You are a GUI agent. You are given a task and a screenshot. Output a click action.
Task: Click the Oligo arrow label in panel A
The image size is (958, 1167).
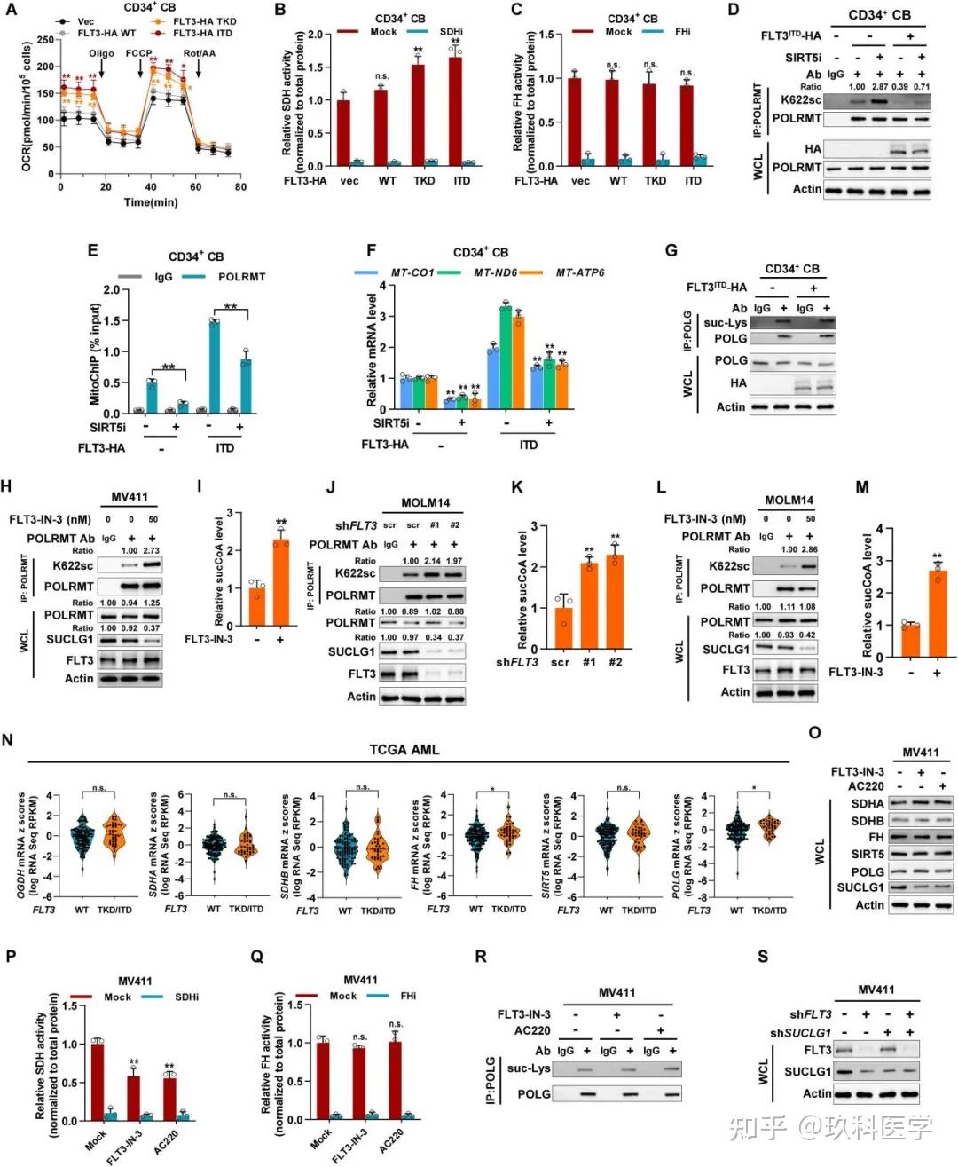click(101, 53)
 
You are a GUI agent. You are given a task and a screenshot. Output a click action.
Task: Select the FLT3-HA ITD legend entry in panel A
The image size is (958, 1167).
click(202, 33)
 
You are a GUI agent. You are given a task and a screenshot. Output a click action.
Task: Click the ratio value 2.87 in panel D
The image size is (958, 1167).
click(880, 87)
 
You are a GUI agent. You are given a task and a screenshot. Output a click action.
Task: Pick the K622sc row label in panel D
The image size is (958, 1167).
click(800, 100)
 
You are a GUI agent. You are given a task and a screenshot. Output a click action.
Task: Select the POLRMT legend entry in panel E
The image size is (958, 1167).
click(241, 277)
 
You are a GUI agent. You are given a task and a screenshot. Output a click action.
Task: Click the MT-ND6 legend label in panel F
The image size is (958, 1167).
click(496, 272)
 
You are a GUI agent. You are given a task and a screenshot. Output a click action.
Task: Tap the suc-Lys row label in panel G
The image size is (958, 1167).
click(725, 322)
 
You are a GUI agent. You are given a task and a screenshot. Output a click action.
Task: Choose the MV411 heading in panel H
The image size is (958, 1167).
click(130, 497)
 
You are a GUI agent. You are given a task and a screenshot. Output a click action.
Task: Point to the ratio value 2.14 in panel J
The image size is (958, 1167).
click(434, 561)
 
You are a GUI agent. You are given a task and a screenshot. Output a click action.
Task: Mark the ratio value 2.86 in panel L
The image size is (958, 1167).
click(810, 550)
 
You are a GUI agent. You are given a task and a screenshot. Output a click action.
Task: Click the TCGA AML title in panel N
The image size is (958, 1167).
click(404, 750)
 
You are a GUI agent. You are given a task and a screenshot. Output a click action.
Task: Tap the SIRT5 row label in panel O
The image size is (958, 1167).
click(868, 854)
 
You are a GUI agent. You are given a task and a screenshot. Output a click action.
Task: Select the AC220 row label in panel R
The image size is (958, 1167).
click(532, 1030)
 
